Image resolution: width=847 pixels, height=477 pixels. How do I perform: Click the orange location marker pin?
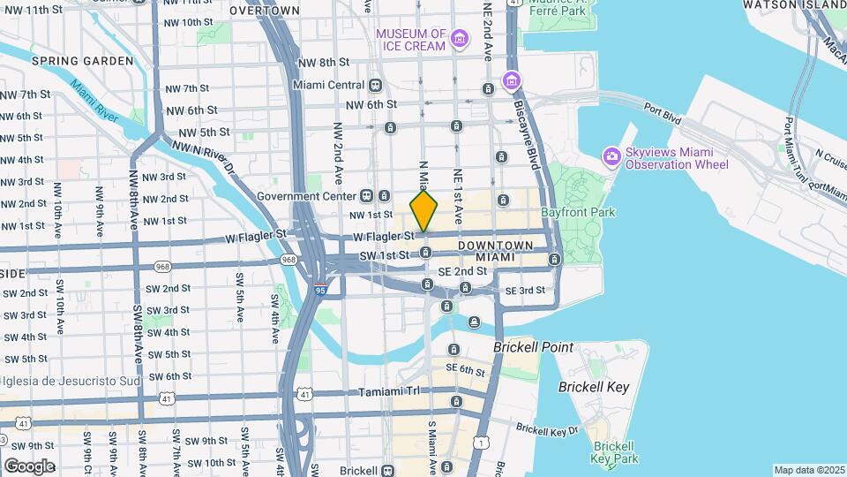tap(423, 210)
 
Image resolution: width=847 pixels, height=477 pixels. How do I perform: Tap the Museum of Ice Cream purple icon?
tap(459, 39)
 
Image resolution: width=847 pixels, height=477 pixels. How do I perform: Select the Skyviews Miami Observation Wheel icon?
tap(611, 156)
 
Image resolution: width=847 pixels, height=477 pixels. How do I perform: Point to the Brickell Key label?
tap(593, 387)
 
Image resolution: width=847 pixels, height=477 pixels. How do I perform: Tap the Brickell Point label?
tap(533, 347)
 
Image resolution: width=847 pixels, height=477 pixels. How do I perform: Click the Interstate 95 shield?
tap(319, 288)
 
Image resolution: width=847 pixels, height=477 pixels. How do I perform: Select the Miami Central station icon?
tap(376, 85)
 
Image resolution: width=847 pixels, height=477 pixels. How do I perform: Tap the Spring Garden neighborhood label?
tap(82, 61)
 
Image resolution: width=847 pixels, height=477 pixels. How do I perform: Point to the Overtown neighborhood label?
tap(265, 11)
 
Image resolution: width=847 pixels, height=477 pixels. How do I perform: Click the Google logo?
tap(29, 466)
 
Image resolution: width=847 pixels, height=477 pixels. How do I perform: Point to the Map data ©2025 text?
tap(808, 470)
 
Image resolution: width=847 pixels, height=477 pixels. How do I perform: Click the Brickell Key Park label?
tap(615, 453)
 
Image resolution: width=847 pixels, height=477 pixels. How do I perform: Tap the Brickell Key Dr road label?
tap(547, 429)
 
